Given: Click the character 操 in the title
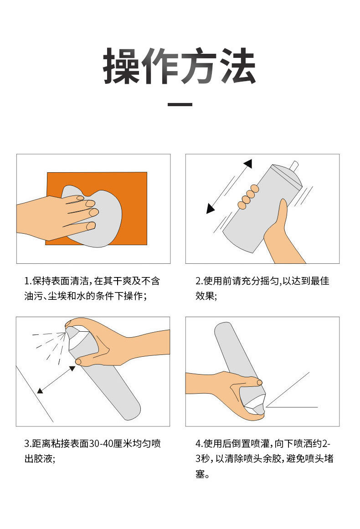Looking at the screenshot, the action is click(122, 66).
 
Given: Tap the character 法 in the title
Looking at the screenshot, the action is click(238, 66).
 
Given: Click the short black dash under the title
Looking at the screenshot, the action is click(180, 104).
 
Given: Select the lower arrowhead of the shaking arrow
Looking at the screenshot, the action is click(210, 209).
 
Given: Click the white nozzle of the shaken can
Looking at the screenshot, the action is click(294, 165).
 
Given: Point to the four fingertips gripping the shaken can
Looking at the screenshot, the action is click(248, 197).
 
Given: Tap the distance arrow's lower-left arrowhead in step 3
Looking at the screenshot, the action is click(40, 390).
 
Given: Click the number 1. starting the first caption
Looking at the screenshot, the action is click(28, 281).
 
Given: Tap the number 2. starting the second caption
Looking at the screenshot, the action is click(200, 281).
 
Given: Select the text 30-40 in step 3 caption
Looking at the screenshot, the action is click(100, 443).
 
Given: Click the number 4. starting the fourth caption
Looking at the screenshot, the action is click(200, 443).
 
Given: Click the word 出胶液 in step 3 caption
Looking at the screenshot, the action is click(38, 458).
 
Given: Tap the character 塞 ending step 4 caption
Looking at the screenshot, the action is click(200, 474).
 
